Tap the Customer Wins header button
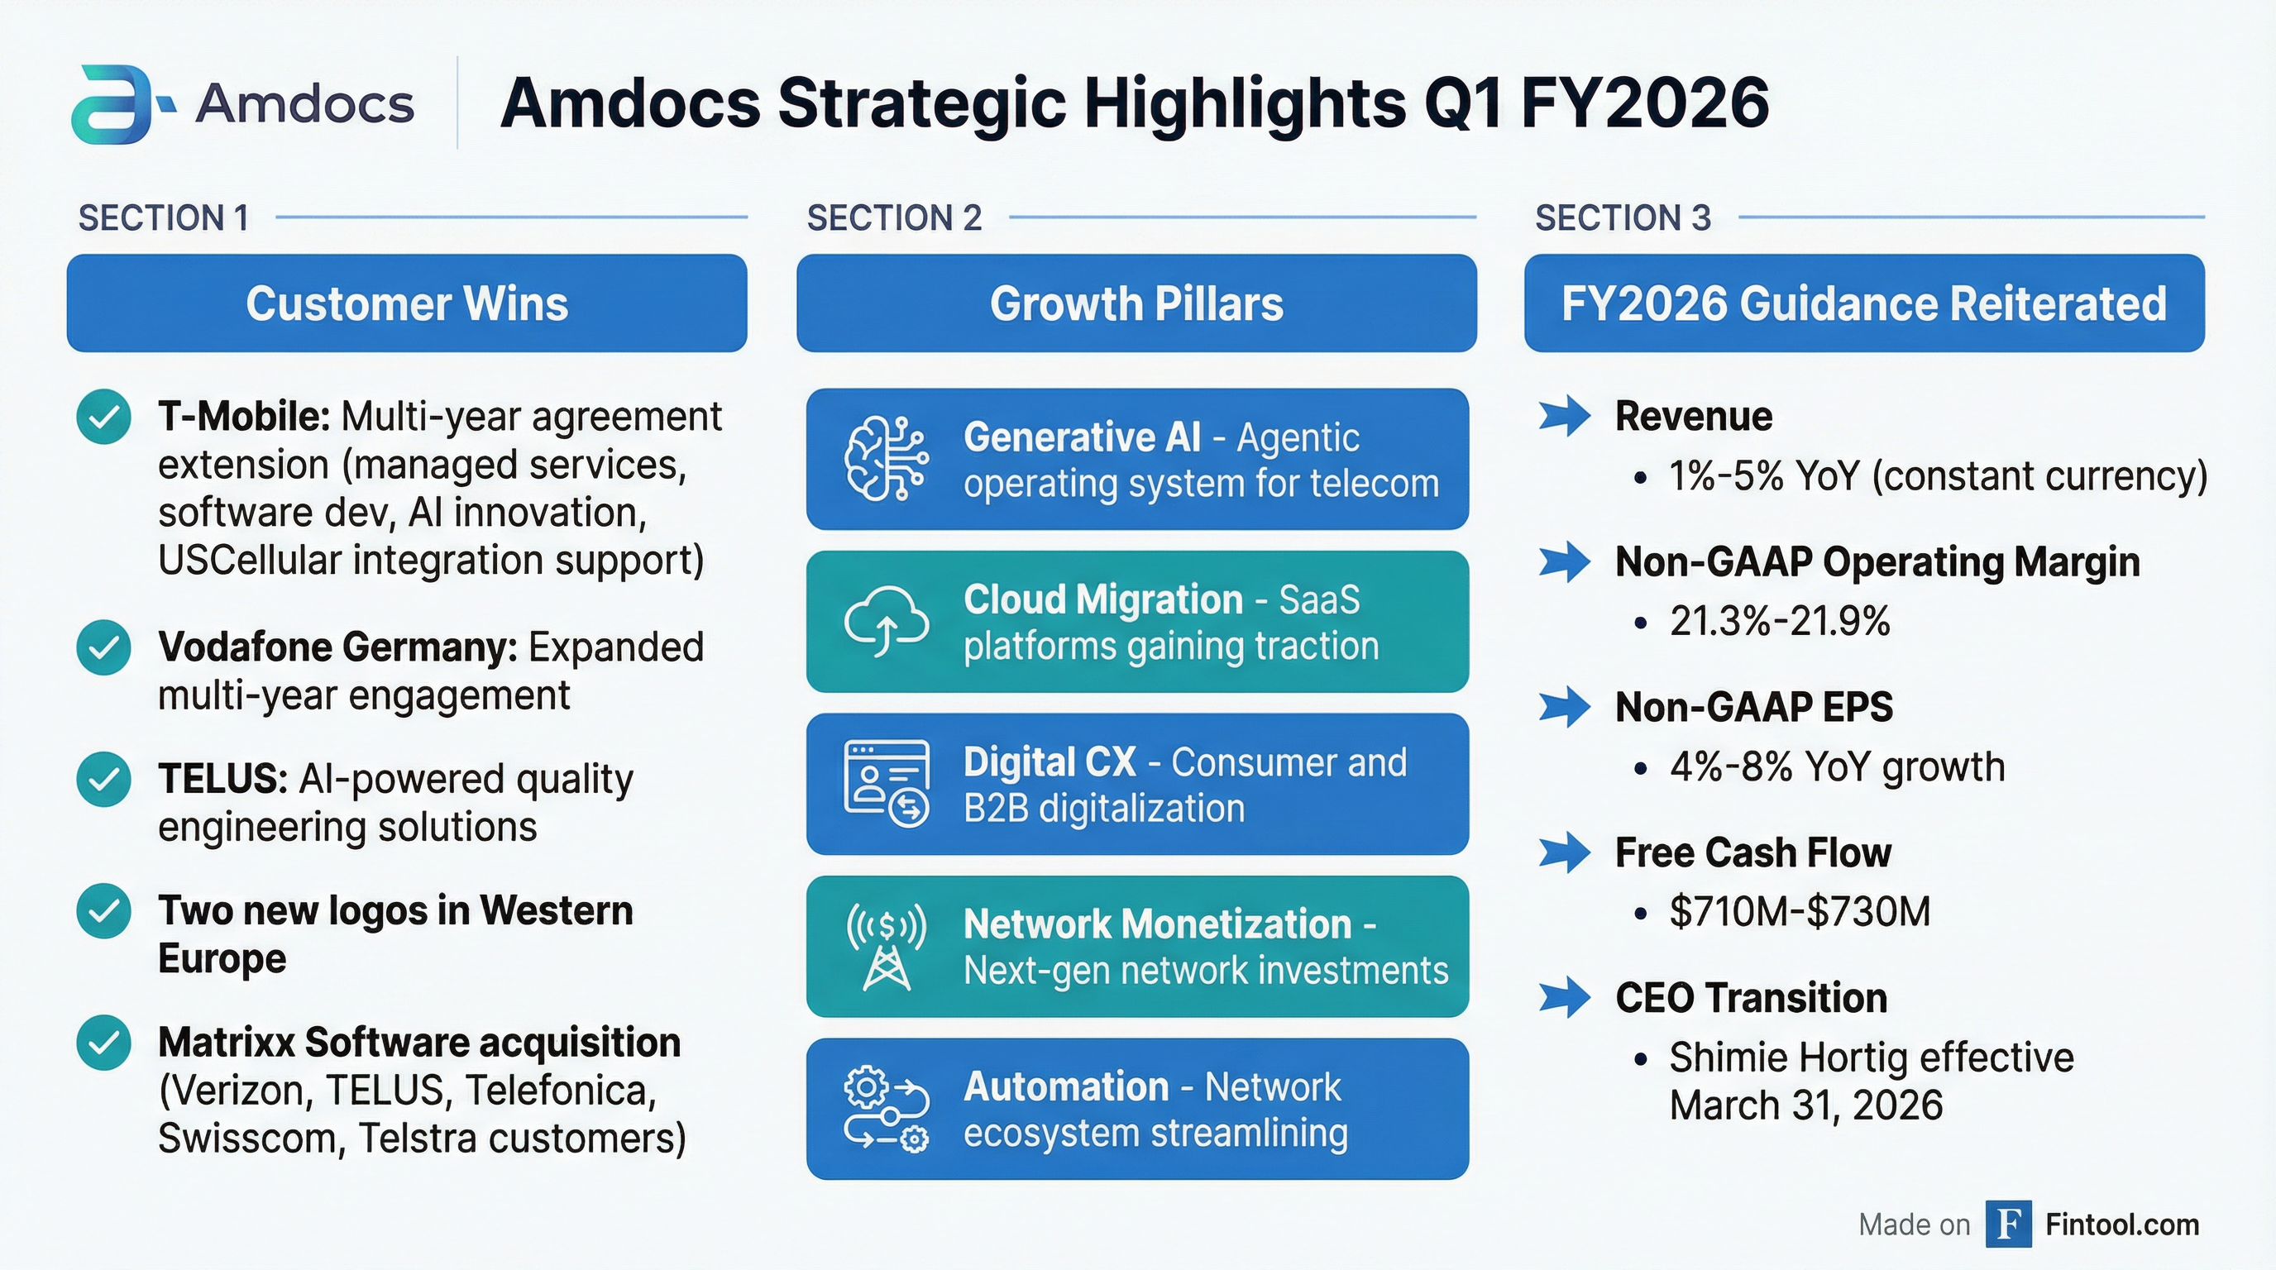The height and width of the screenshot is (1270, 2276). click(x=406, y=303)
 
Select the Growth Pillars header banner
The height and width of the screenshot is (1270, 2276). click(x=1136, y=303)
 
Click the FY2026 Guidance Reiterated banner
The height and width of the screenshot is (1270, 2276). click(x=1864, y=303)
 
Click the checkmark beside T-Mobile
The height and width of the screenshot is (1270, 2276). click(x=103, y=417)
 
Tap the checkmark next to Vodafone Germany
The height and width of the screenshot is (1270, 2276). click(x=103, y=647)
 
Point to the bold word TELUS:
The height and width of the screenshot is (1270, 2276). click(x=222, y=779)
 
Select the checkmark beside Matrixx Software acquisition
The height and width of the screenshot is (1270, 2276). click(x=103, y=1043)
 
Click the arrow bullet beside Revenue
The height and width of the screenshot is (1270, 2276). click(x=1565, y=417)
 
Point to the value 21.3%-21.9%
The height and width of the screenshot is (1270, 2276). click(x=1780, y=621)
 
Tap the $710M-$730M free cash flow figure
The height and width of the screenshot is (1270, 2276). click(x=1800, y=911)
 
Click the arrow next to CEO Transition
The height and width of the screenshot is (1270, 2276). click(x=1565, y=998)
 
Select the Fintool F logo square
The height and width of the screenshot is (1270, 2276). click(x=2008, y=1224)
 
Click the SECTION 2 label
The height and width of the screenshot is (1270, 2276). click(x=894, y=218)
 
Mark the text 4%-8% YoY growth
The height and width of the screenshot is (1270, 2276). click(x=1837, y=766)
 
